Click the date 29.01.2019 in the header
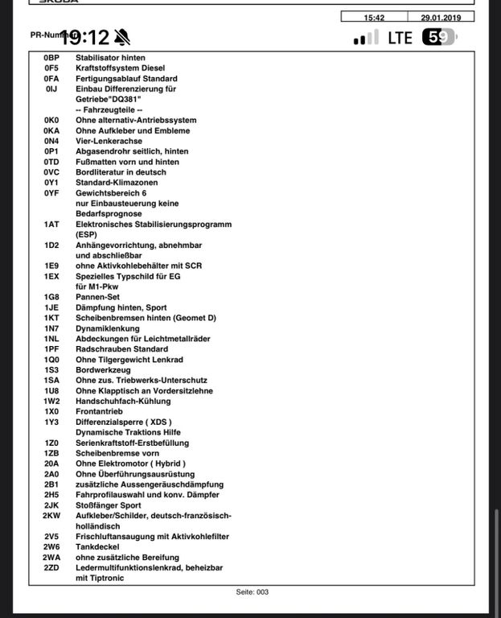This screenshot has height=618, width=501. pyautogui.click(x=441, y=17)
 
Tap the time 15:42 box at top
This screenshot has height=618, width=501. pyautogui.click(x=374, y=17)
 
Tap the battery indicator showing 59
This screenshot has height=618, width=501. pyautogui.click(x=438, y=37)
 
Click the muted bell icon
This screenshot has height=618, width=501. pyautogui.click(x=121, y=37)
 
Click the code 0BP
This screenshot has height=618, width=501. pyautogui.click(x=52, y=58)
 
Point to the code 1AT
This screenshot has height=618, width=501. pyautogui.click(x=52, y=225)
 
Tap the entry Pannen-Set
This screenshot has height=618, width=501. pyautogui.click(x=97, y=297)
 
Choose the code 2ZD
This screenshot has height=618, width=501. pyautogui.click(x=52, y=567)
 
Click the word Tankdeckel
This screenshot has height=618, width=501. pyautogui.click(x=98, y=546)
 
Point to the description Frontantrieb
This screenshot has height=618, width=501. pyautogui.click(x=100, y=411)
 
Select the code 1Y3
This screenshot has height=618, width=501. pyautogui.click(x=52, y=422)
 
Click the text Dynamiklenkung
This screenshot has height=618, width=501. pyautogui.click(x=108, y=328)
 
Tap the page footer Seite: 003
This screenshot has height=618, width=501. pyautogui.click(x=252, y=592)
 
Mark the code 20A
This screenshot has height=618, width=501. pyautogui.click(x=52, y=463)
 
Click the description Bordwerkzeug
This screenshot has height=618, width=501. pyautogui.click(x=102, y=369)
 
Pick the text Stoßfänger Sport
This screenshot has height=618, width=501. pyautogui.click(x=109, y=505)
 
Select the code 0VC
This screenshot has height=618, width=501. pyautogui.click(x=52, y=172)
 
